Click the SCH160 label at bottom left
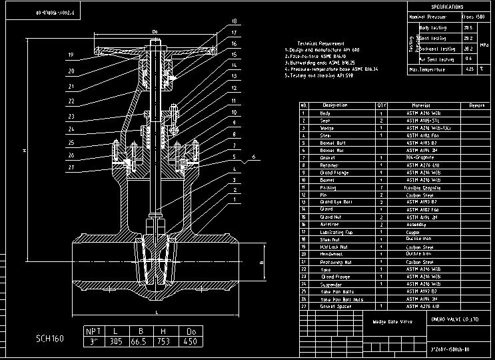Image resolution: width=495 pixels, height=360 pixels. pos(50,339)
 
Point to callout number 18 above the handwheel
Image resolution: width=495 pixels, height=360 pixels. pos(234,21)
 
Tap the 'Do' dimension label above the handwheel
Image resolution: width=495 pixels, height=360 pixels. pos(155,31)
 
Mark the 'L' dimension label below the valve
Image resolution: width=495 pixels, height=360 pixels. pos(156,311)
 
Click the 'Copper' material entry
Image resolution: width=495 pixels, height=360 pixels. pos(412,232)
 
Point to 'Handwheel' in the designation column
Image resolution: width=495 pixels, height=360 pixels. pos(331,254)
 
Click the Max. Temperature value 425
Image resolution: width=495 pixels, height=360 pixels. pos(469,69)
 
